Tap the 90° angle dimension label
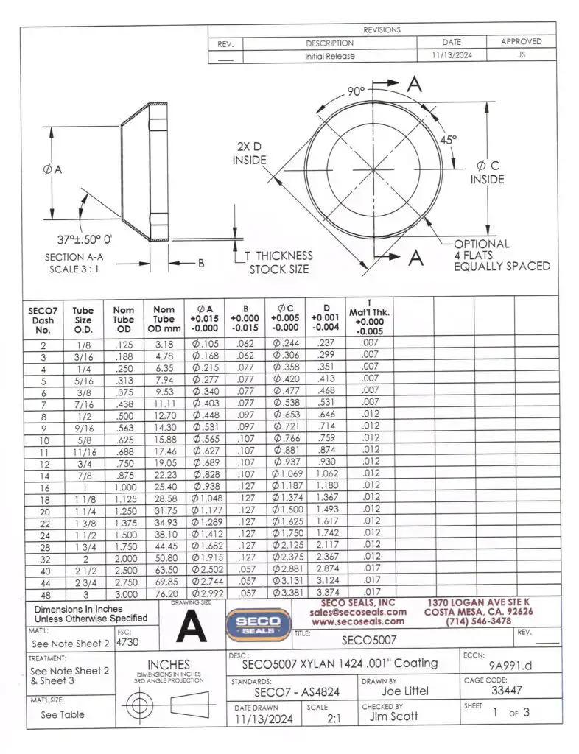click(358, 92)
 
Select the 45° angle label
click(448, 138)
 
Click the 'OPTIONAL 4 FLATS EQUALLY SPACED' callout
click(501, 255)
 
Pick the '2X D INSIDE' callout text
click(250, 153)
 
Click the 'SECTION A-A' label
click(74, 257)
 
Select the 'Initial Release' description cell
click(329, 56)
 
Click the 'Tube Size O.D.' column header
click(83, 321)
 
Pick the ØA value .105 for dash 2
click(206, 345)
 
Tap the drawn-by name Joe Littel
click(405, 691)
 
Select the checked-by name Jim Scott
click(393, 715)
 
